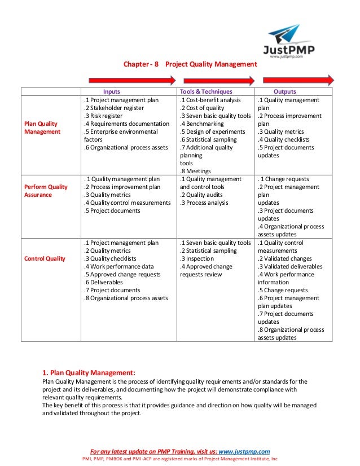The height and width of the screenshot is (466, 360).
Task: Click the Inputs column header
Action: point(111,91)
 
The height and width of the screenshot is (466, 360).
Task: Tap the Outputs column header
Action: point(285,91)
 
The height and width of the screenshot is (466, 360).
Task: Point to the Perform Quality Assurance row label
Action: point(46,191)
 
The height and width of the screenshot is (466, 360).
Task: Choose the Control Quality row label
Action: point(45,258)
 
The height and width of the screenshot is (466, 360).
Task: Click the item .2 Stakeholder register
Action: point(114,108)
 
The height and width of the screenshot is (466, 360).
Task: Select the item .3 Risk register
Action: point(106,116)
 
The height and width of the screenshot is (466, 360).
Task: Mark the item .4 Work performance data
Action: point(118,266)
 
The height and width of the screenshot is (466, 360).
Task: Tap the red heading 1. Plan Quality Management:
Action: point(89,372)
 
